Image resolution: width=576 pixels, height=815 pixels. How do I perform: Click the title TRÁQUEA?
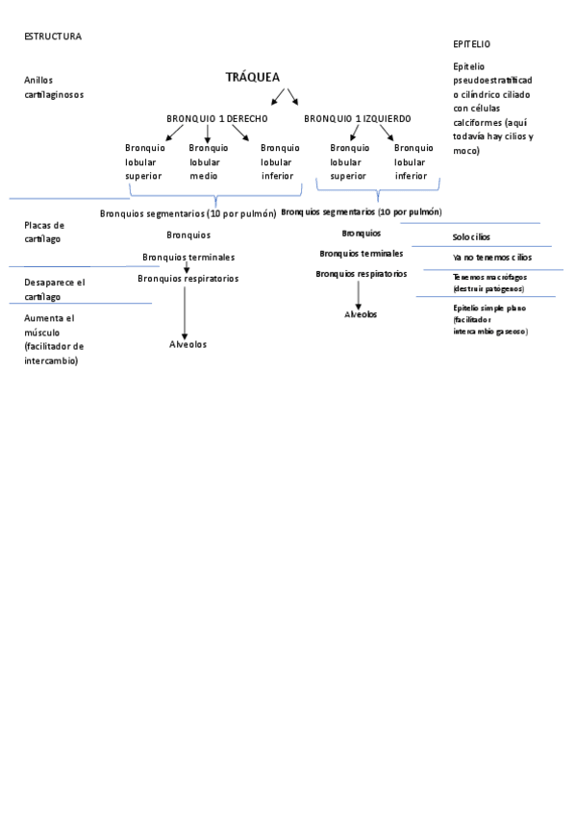tap(253, 77)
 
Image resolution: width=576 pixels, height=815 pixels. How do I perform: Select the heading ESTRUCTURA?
tap(53, 37)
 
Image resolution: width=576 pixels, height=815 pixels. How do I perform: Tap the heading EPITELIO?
tap(472, 44)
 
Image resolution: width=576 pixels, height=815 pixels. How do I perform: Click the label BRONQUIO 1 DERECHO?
tap(216, 118)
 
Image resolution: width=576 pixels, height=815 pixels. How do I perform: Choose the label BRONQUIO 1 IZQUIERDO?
tap(357, 118)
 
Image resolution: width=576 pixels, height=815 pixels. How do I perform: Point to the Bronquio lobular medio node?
tap(208, 161)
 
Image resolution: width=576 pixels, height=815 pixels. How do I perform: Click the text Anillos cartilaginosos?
tap(54, 87)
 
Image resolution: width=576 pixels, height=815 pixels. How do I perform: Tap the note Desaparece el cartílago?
tap(54, 289)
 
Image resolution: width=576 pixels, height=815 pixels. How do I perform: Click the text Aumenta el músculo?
tap(54, 338)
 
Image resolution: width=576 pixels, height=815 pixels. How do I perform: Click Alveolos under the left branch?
tap(188, 344)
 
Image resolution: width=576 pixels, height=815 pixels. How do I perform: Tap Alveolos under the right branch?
tap(361, 314)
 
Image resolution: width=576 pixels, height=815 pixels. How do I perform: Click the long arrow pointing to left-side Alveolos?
tap(185, 310)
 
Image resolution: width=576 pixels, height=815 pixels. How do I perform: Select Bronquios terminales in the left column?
tap(188, 258)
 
